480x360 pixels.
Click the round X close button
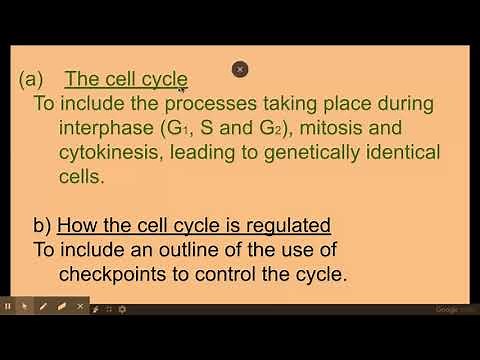pyautogui.click(x=239, y=69)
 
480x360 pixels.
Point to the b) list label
pyautogui.click(x=41, y=224)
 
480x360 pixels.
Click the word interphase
pyautogui.click(x=109, y=128)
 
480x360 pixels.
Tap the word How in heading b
pyautogui.click(x=76, y=224)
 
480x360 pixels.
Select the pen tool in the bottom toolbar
pyautogui.click(x=42, y=306)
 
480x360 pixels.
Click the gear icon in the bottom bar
pyautogui.click(x=122, y=308)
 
